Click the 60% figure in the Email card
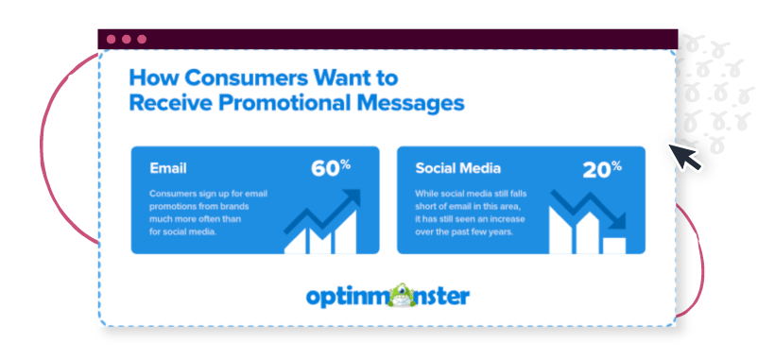(x=331, y=168)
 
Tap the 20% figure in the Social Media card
(x=602, y=169)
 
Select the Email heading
(x=168, y=168)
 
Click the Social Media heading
(x=457, y=168)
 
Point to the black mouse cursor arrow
(x=684, y=158)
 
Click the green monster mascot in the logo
(x=403, y=295)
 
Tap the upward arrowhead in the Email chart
(x=352, y=198)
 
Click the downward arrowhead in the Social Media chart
(x=617, y=221)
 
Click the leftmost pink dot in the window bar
(x=112, y=39)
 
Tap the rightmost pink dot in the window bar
(x=142, y=39)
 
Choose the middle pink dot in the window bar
(x=127, y=39)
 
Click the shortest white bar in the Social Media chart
(x=614, y=246)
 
